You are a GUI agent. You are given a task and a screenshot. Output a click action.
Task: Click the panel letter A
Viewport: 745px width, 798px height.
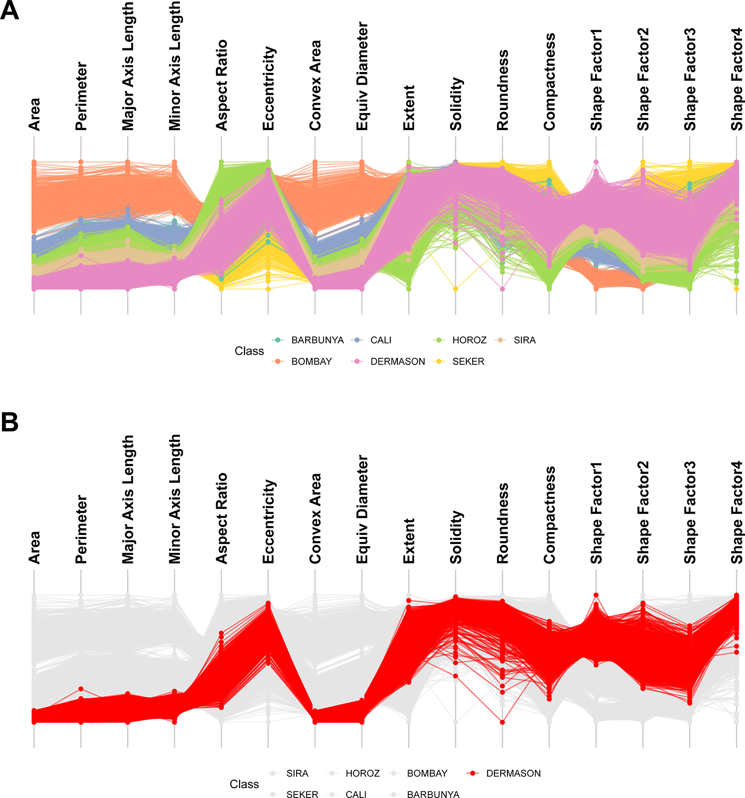click(x=10, y=10)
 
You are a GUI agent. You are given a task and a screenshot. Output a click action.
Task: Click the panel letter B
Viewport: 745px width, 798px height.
click(x=10, y=422)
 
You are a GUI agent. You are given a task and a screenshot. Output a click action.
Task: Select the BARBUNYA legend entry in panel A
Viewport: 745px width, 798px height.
click(x=317, y=340)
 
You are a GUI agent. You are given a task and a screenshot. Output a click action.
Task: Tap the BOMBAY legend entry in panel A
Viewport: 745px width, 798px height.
click(x=311, y=361)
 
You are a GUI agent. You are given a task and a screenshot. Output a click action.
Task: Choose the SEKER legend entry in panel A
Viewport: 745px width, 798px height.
click(x=468, y=361)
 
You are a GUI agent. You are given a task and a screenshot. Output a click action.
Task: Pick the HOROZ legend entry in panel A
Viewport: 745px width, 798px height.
click(x=469, y=340)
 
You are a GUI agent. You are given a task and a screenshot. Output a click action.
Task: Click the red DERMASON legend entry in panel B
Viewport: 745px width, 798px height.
click(x=513, y=773)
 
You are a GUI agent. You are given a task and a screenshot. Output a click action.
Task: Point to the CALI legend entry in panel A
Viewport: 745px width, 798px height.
click(x=381, y=340)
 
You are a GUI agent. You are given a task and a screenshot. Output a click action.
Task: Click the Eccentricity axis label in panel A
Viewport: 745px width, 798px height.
click(x=268, y=89)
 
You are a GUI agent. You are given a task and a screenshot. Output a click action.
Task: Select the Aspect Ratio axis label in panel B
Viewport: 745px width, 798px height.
click(x=221, y=518)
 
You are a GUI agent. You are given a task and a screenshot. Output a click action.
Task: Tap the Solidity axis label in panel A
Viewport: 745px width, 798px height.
click(x=456, y=104)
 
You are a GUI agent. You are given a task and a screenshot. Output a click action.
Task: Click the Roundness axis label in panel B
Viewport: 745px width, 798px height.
click(x=502, y=523)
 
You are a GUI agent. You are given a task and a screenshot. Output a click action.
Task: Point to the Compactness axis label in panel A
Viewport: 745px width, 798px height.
click(x=549, y=82)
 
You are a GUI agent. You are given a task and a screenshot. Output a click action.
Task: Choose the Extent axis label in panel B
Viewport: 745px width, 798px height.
click(x=409, y=541)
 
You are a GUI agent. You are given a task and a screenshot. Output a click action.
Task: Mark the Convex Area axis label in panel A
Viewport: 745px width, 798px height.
click(x=315, y=85)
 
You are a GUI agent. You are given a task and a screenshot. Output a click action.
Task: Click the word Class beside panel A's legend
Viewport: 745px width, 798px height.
click(x=249, y=351)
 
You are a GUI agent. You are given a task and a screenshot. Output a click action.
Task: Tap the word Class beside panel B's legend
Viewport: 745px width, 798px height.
click(x=244, y=784)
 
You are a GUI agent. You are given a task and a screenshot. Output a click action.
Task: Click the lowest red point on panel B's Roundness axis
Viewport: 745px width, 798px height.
click(x=502, y=722)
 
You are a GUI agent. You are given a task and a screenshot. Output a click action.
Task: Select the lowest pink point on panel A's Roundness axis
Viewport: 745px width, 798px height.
click(x=502, y=289)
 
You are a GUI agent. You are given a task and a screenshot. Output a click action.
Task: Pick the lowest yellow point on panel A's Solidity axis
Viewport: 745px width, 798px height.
click(x=456, y=289)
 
